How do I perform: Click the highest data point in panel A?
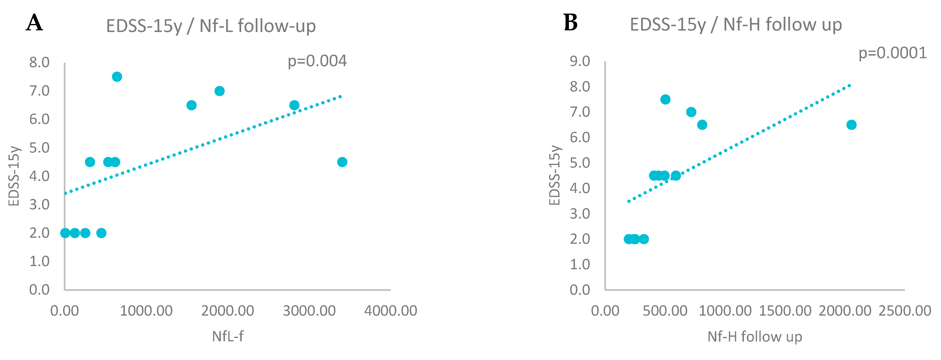coord(117,77)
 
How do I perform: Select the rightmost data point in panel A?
coord(342,162)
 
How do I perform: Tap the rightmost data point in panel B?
coord(851,125)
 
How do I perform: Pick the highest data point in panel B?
coord(665,99)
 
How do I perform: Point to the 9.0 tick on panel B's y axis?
coord(580,61)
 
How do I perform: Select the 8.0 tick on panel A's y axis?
coord(40,63)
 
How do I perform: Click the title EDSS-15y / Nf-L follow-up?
coord(211,26)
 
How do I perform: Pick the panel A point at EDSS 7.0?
coord(219,91)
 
